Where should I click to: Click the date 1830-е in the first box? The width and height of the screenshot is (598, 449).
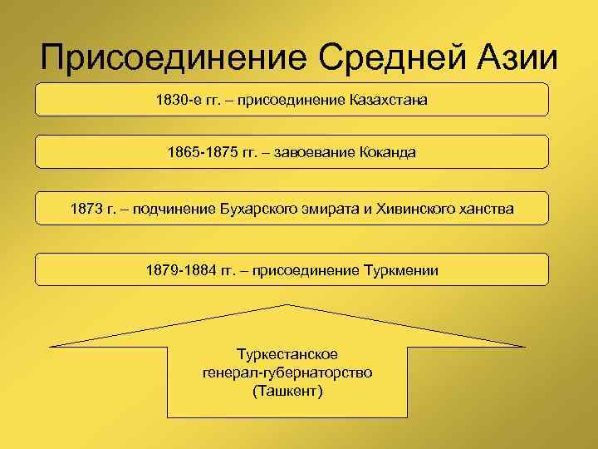[176, 100]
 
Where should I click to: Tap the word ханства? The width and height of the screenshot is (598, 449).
[485, 210]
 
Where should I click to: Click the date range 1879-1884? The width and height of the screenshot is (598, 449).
[180, 270]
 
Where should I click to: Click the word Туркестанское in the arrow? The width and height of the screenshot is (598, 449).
[287, 354]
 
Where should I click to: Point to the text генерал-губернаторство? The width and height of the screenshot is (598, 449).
[287, 372]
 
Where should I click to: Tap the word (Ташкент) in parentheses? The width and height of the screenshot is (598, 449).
[287, 390]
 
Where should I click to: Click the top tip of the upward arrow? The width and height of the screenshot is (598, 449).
[287, 305]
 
